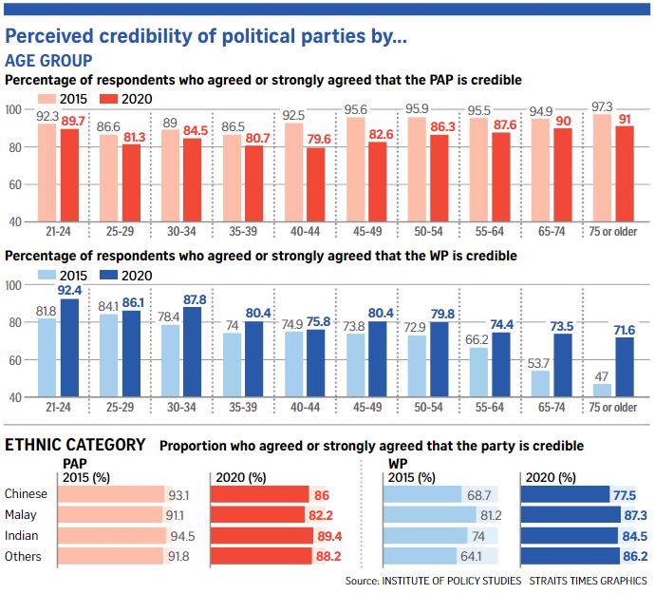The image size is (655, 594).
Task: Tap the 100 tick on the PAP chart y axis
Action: (x=15, y=110)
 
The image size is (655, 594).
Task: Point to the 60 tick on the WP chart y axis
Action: (x=15, y=360)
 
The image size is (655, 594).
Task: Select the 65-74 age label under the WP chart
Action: (x=552, y=409)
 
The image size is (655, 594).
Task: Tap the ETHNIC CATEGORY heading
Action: (x=76, y=444)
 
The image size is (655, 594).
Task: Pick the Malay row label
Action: (x=23, y=514)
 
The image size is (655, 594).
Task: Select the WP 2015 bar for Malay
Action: (x=428, y=514)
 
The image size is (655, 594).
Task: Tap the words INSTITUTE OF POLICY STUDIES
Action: (x=451, y=580)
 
